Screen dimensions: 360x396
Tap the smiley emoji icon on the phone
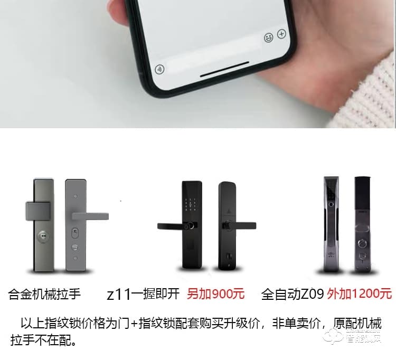coord(269,37)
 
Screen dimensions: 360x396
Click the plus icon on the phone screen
coord(281,34)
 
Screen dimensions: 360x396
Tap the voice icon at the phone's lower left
coord(159,69)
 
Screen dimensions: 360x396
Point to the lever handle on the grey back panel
coord(90,216)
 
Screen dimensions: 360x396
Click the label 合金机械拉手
coord(44,294)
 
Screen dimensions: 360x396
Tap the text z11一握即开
coord(143,294)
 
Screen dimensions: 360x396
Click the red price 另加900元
coord(216,294)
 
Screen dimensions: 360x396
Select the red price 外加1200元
coord(359,293)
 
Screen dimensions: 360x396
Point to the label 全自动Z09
coord(293,293)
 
